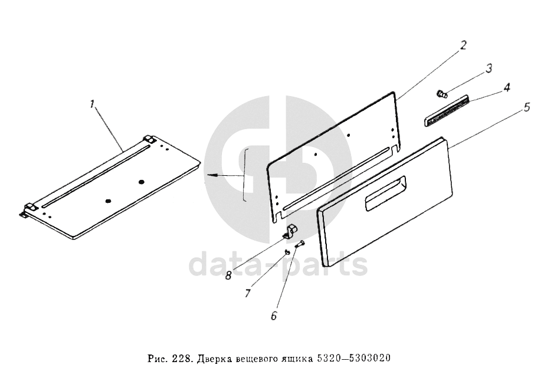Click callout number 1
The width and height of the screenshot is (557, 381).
(x=93, y=104)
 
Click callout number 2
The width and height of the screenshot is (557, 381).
(x=463, y=45)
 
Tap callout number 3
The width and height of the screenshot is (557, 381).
(x=489, y=68)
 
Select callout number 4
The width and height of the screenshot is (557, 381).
(x=507, y=87)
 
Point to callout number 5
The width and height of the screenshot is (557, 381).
(x=527, y=107)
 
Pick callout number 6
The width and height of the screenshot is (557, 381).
(x=274, y=316)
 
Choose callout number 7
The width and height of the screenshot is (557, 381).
(x=248, y=293)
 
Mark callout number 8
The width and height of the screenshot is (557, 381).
(x=228, y=275)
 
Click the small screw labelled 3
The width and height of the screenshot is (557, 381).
(x=441, y=94)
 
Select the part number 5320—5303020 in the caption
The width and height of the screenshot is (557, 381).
(x=352, y=358)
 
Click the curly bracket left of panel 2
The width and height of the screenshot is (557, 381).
(x=244, y=175)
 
